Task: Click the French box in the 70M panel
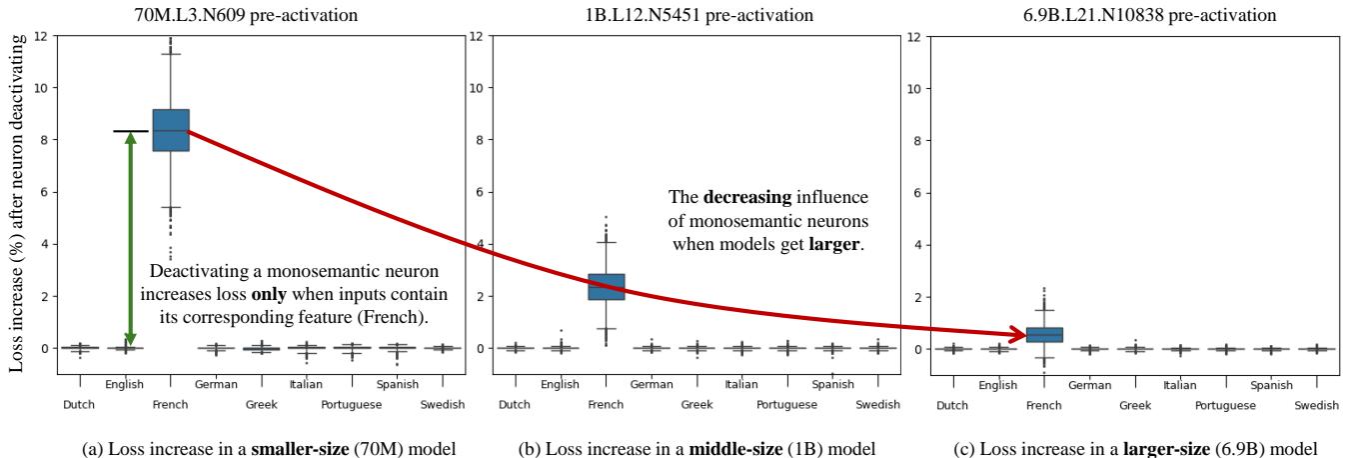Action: point(170,130)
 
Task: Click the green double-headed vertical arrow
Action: point(130,240)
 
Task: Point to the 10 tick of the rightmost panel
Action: point(917,88)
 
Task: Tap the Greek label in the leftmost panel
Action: point(262,405)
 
